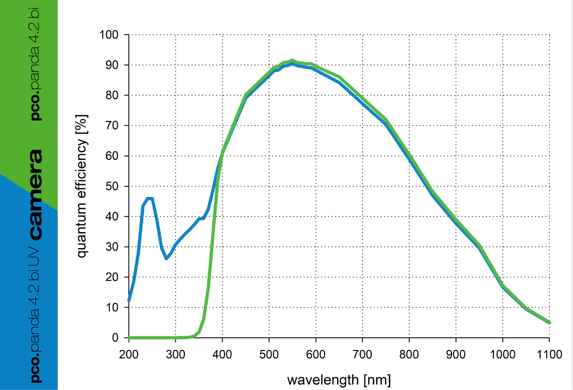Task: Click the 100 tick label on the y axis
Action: click(x=109, y=35)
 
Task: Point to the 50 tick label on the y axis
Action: click(x=112, y=186)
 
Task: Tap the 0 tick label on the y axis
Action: click(x=115, y=338)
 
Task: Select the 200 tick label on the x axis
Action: click(x=129, y=354)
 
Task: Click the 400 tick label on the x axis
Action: click(x=222, y=354)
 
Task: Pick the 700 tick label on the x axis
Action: click(x=363, y=354)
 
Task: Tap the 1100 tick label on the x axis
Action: click(x=549, y=354)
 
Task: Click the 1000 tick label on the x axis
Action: click(x=502, y=354)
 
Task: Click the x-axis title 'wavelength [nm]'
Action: click(x=339, y=380)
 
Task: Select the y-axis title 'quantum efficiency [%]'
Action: click(x=82, y=186)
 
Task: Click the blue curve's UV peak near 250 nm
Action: click(x=150, y=198)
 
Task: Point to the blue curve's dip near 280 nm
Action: click(x=167, y=258)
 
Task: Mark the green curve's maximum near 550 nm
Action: click(x=292, y=60)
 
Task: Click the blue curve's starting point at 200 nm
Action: click(x=129, y=300)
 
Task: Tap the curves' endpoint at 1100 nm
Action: click(x=549, y=322)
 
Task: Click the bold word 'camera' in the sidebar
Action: click(x=36, y=195)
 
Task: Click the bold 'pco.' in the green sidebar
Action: click(x=36, y=107)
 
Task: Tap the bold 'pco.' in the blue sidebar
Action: click(x=36, y=369)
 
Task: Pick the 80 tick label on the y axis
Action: click(x=112, y=96)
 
